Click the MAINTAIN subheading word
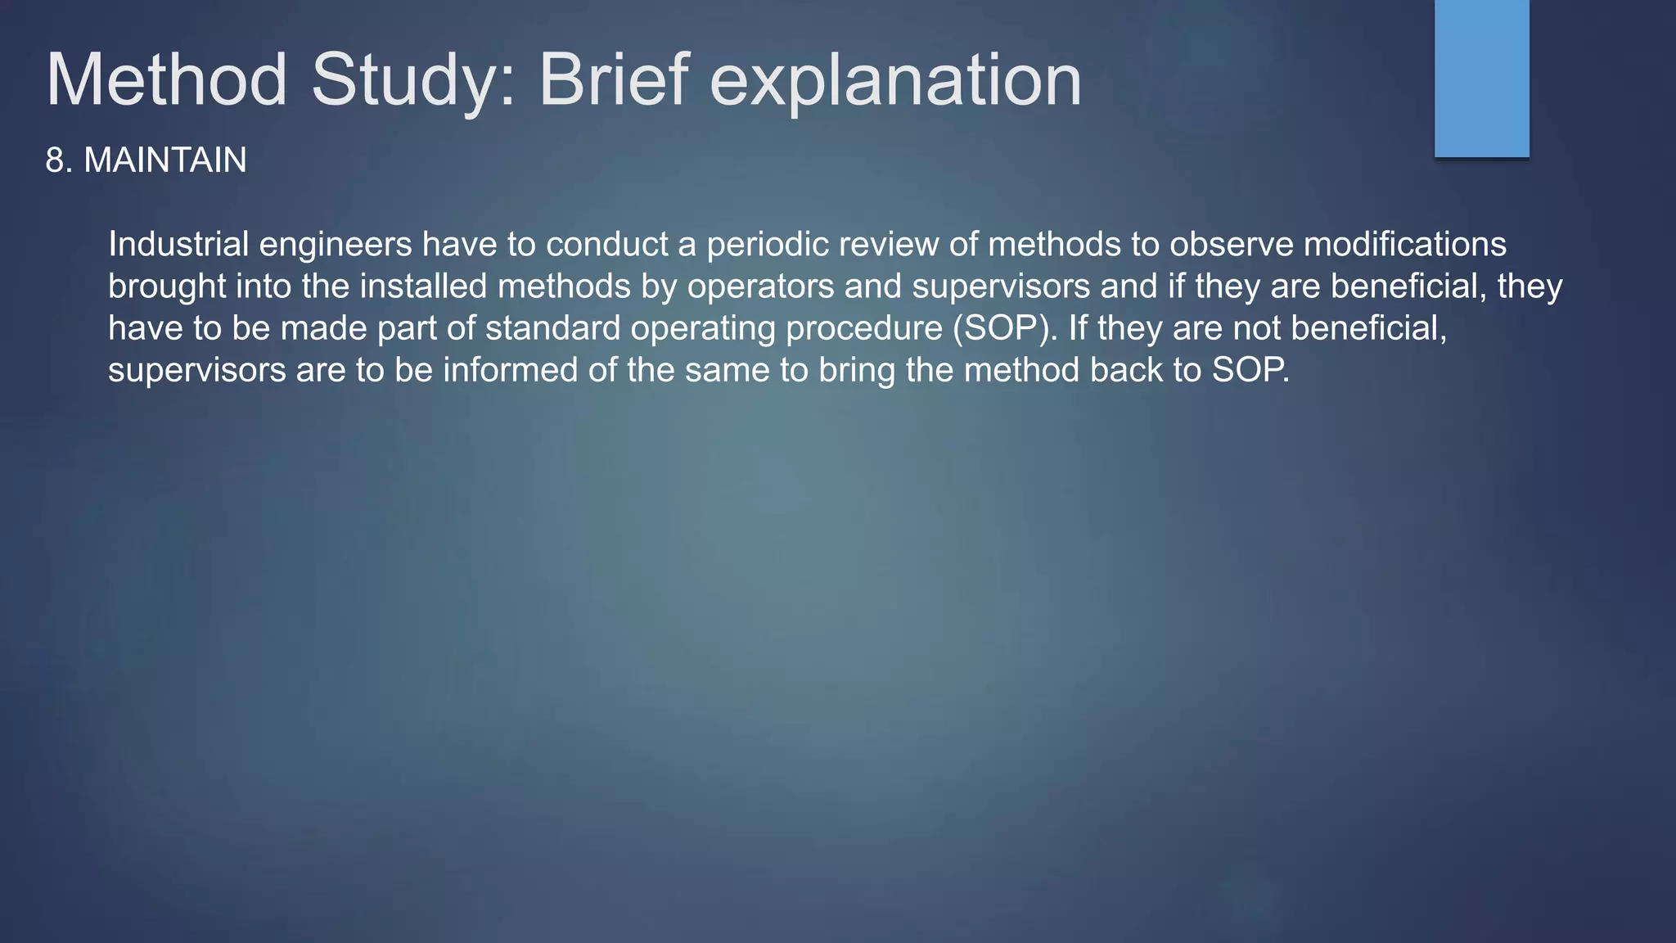[164, 160]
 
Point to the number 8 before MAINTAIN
[55, 160]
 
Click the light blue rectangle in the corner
[1481, 78]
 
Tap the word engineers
[336, 245]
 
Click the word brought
[167, 287]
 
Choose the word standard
[552, 328]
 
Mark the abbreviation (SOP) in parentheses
[1003, 328]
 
